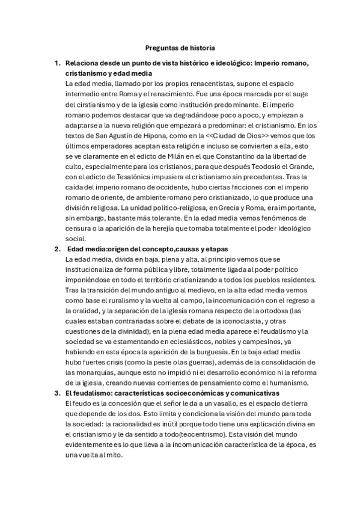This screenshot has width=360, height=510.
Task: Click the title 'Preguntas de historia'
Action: (180, 47)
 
